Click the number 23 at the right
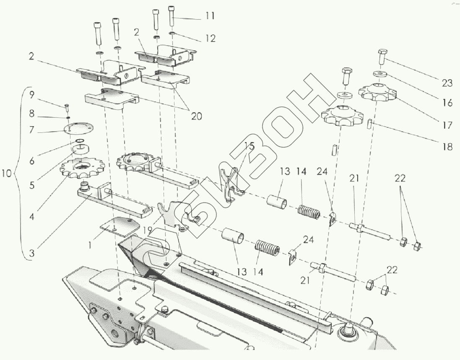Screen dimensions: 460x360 coord(447,83)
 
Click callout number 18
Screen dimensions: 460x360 coord(447,147)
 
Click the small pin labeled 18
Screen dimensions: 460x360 coord(369,124)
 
